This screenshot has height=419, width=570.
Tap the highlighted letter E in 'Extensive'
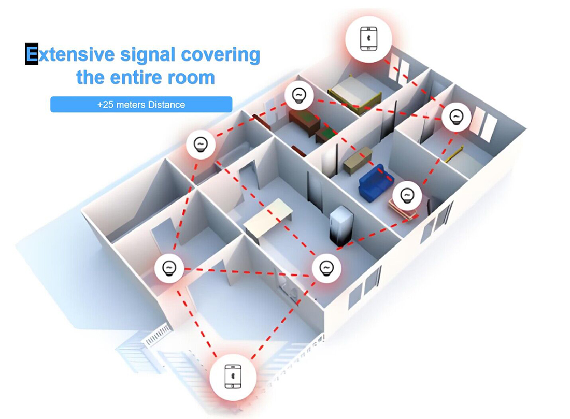point(32,54)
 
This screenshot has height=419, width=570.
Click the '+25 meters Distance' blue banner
point(141,105)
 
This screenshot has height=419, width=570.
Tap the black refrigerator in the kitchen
point(341,226)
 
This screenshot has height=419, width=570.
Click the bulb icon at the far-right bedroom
point(455,117)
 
